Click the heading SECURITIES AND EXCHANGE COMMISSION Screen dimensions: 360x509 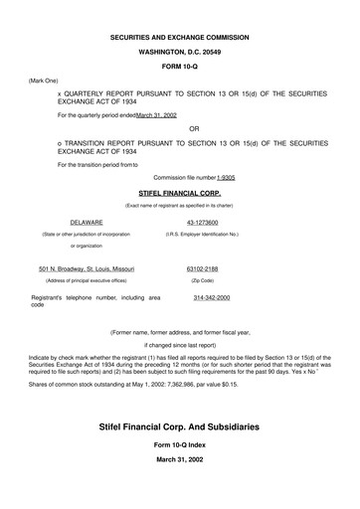[x=179, y=37]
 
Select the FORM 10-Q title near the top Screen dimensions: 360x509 [x=179, y=67]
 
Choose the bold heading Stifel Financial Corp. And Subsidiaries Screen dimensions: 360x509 [x=179, y=426]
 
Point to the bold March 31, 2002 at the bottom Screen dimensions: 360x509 [x=179, y=473]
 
